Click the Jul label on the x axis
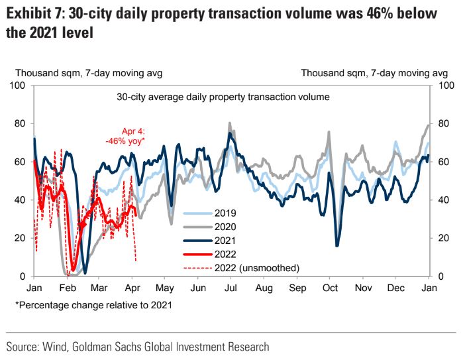[x=231, y=288]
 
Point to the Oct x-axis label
[x=330, y=288]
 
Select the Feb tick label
[x=67, y=288]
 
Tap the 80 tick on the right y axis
[x=445, y=124]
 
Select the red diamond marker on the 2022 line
[x=82, y=226]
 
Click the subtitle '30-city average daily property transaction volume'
[x=223, y=97]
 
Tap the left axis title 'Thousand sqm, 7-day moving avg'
[x=89, y=73]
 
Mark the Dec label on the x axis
[x=396, y=288]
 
